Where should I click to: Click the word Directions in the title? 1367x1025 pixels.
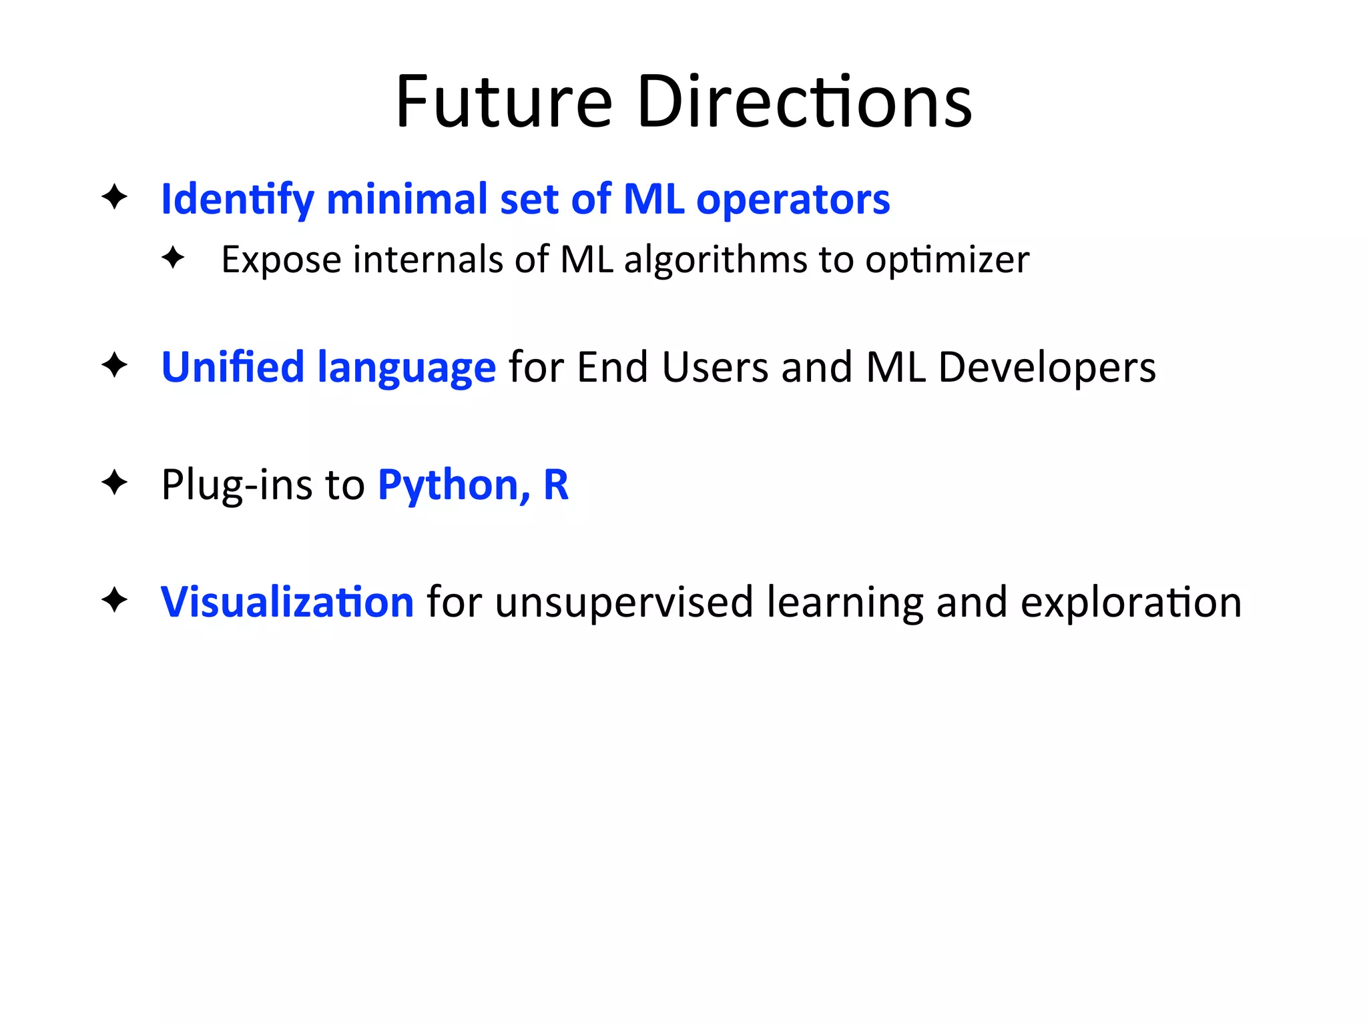coord(804,102)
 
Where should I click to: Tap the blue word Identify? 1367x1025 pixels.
coord(237,200)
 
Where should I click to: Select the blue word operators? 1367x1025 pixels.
coord(793,200)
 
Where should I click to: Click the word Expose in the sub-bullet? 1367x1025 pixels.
coord(281,260)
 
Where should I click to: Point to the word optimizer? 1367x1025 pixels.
coord(947,260)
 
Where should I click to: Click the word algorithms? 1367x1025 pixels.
coord(715,260)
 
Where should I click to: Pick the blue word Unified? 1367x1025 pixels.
coord(233,367)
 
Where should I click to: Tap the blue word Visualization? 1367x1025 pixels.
coord(287,602)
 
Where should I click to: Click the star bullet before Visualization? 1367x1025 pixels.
coord(114,599)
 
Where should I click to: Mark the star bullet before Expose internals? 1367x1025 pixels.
coord(173,258)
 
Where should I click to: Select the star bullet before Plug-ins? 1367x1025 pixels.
coord(114,482)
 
